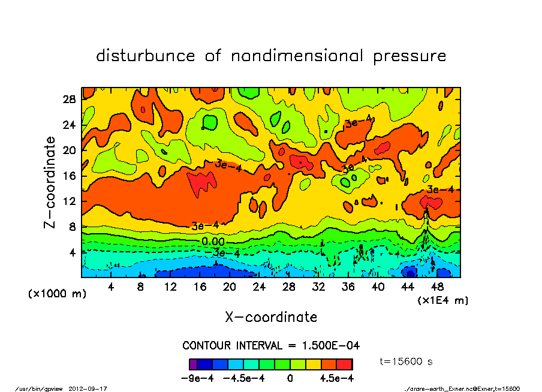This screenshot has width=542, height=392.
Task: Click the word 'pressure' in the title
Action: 409,56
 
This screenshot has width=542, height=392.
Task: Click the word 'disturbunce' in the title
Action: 146,56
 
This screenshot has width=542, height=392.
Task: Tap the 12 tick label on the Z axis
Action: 70,201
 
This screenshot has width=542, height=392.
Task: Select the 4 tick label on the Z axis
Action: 73,252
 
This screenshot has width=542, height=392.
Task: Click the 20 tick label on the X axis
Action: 229,287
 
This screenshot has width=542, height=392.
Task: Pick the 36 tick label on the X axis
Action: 348,287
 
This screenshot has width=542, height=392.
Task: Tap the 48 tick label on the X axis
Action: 437,287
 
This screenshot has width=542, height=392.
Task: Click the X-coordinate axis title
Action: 271,316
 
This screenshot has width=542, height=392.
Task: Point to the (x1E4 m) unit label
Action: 442,300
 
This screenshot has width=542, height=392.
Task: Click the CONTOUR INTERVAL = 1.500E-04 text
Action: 271,346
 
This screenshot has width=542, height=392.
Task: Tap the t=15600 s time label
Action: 406,361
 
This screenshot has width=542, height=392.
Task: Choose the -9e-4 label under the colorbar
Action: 193,378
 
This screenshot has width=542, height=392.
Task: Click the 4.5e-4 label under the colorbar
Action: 336,378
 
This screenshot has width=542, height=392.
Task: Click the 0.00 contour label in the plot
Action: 213,241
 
